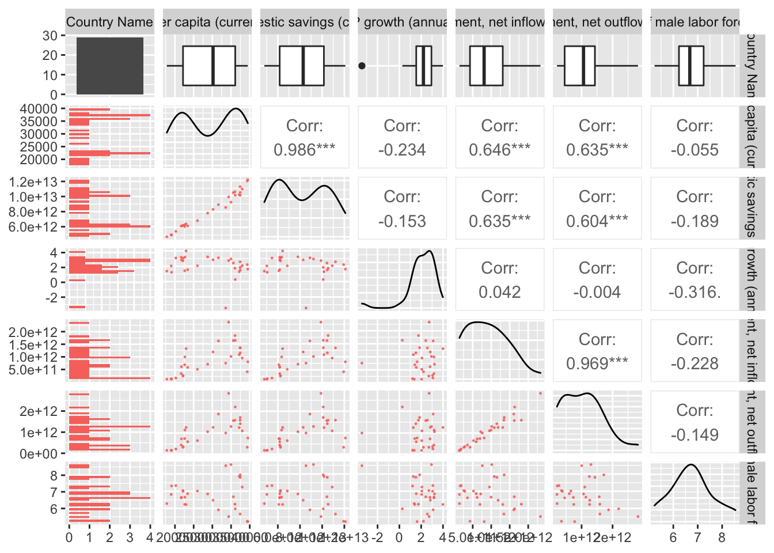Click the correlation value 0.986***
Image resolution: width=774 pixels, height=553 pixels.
point(304,150)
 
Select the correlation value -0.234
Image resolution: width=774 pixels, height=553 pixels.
point(402,150)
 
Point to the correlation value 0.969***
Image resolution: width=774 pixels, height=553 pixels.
point(597,363)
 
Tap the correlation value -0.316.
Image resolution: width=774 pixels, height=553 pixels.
point(695,292)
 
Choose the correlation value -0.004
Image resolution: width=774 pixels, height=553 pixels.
point(597,292)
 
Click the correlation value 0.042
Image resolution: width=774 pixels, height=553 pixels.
point(499,292)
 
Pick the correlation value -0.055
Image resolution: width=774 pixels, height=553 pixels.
point(695,150)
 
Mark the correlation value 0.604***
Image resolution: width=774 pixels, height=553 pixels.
point(597,221)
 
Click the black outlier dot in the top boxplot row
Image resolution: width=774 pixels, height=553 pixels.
point(362,66)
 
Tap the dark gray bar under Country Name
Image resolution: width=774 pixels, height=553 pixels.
point(110,66)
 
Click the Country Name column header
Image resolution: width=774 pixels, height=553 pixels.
point(109,22)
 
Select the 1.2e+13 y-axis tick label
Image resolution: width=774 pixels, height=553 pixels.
point(33,182)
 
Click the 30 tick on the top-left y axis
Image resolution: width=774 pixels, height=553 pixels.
point(50,36)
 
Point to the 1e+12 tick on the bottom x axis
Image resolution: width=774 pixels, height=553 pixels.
point(581,538)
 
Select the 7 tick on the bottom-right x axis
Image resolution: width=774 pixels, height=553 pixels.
point(697,538)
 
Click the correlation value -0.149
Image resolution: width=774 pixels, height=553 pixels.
point(695,435)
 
